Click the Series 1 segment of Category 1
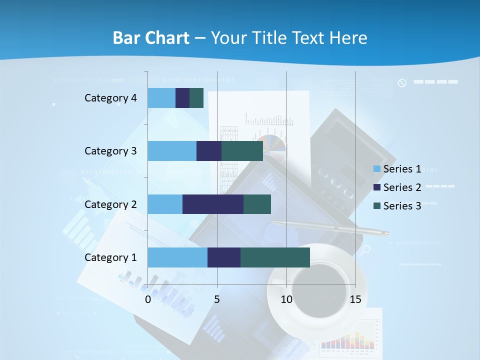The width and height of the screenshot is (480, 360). click(177, 257)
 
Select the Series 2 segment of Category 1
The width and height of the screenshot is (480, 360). click(224, 257)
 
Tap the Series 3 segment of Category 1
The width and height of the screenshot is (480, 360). click(275, 257)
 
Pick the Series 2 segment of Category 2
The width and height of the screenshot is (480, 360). click(213, 204)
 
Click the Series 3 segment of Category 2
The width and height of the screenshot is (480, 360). click(257, 204)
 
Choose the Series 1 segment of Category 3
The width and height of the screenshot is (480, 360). click(172, 151)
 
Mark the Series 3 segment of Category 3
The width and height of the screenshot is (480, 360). click(242, 151)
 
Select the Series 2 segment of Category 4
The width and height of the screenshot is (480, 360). click(182, 98)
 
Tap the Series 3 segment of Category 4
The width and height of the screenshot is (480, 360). click(196, 98)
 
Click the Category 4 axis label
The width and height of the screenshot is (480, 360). click(110, 98)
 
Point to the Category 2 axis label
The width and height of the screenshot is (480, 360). click(110, 204)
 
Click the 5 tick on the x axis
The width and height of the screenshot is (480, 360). click(217, 299)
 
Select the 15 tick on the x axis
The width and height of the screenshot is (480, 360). click(355, 299)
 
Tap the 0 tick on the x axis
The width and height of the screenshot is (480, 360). click(148, 299)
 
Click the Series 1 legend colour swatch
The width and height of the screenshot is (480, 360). click(377, 169)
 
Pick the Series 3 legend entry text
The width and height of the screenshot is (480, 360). click(402, 206)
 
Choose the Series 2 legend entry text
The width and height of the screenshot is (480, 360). click(402, 187)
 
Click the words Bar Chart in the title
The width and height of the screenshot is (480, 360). click(151, 38)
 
